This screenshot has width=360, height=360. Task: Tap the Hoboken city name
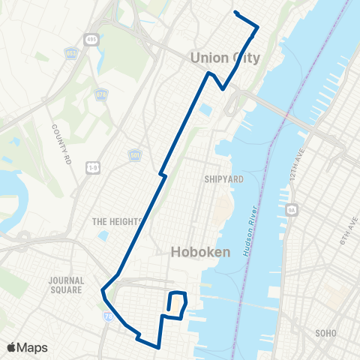point(200,252)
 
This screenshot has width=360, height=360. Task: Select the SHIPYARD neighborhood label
point(223,179)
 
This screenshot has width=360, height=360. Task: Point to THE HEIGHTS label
point(116,221)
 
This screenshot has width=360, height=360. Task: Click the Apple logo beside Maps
point(12,347)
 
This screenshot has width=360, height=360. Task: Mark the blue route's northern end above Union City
point(236,13)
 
